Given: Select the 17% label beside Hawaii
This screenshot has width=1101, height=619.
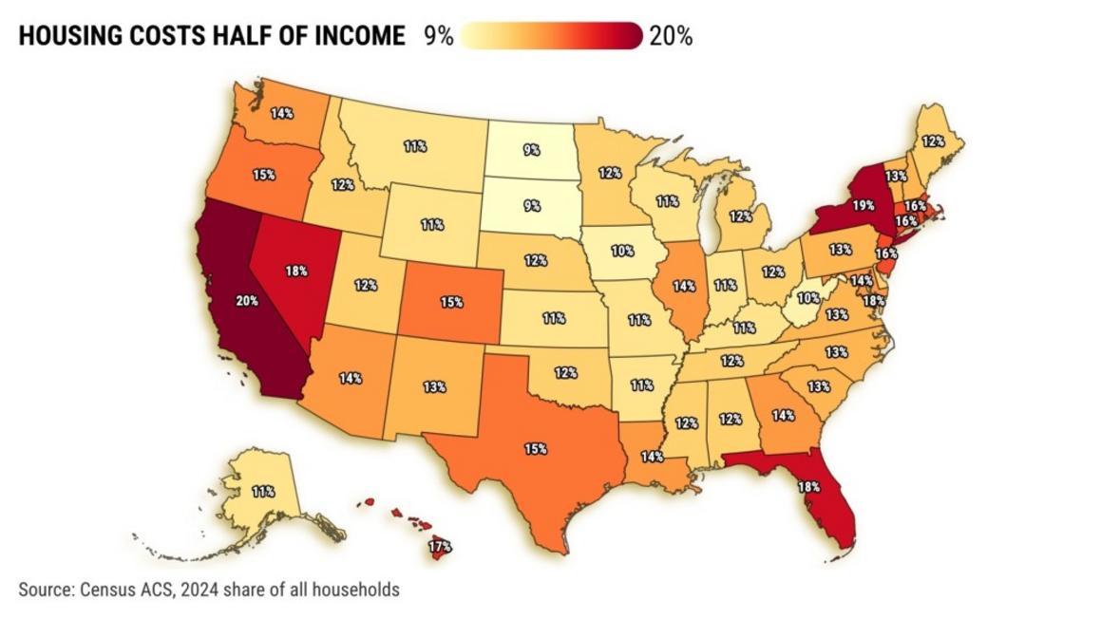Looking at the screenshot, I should (x=439, y=547).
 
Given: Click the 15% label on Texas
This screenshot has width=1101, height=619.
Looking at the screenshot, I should (x=535, y=448).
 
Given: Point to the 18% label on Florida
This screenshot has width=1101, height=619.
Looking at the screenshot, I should (x=808, y=486).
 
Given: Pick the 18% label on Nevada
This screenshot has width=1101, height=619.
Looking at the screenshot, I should (x=295, y=271).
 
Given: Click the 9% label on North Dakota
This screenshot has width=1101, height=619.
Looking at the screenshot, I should (x=531, y=149).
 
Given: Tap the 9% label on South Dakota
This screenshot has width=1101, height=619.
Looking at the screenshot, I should (x=531, y=205).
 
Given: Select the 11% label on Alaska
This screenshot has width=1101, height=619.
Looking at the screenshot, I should (x=263, y=492).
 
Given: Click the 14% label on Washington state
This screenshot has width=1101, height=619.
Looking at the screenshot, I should (x=281, y=113).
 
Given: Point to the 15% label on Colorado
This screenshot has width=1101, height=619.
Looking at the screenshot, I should (x=451, y=302).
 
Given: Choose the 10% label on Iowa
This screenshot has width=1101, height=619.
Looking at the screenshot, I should (x=622, y=252).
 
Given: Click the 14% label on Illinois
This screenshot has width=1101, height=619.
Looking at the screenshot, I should (x=683, y=285).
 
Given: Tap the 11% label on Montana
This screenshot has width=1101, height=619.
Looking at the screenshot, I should (x=414, y=147).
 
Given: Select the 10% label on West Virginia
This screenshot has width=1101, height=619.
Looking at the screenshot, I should (x=807, y=297).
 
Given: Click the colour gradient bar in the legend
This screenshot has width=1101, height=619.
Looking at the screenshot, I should (x=550, y=36).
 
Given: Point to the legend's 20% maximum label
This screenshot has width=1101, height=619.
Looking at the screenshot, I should (x=671, y=36).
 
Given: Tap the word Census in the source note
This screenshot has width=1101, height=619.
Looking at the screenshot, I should (x=102, y=590).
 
